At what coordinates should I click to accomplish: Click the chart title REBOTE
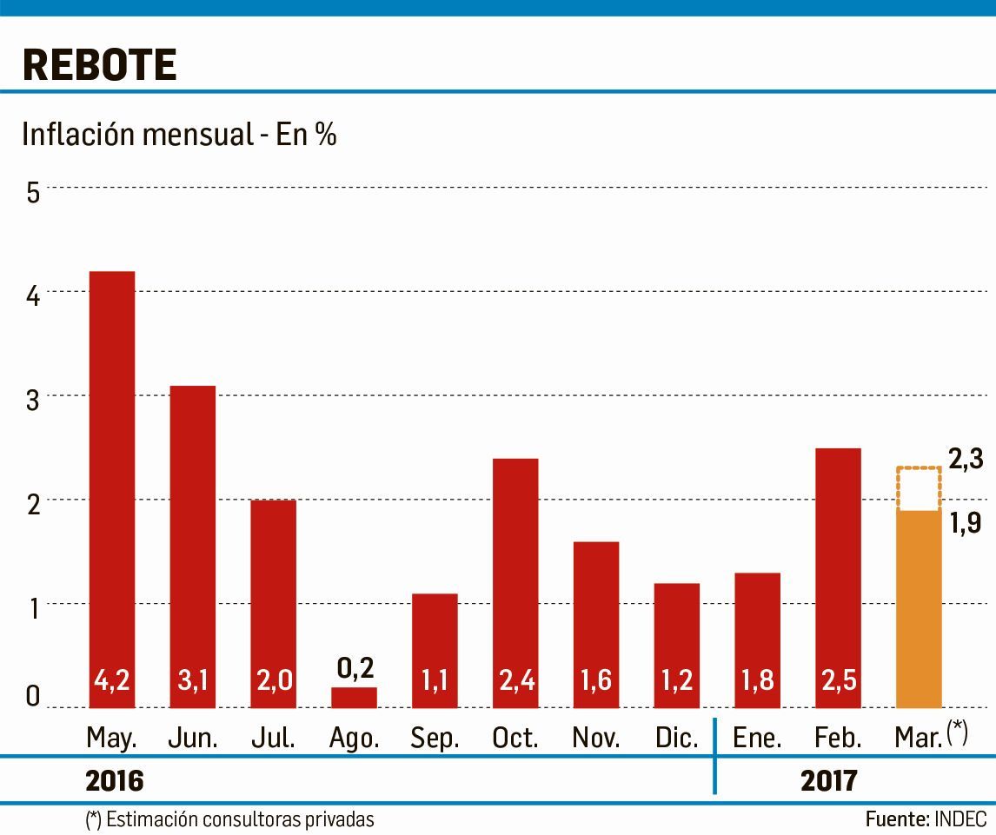tap(99, 64)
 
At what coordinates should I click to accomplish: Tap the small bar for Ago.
tap(354, 698)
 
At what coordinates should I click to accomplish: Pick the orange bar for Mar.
tap(919, 608)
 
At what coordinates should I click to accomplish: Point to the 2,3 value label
tap(965, 460)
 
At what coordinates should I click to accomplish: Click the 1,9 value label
tap(965, 523)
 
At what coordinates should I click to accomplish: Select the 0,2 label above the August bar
tap(354, 668)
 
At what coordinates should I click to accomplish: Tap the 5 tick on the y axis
tap(33, 192)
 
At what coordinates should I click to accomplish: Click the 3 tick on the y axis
tap(33, 400)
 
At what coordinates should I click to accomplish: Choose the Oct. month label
tap(515, 739)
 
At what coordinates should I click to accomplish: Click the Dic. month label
tap(676, 739)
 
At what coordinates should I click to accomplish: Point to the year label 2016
tap(114, 781)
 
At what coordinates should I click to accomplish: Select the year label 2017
tap(828, 781)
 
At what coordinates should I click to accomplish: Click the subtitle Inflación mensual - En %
tap(179, 136)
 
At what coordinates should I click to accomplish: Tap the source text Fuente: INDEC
tap(926, 819)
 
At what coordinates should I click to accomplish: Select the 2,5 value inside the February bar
tap(838, 679)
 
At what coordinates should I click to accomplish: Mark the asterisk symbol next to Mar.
tap(957, 732)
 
